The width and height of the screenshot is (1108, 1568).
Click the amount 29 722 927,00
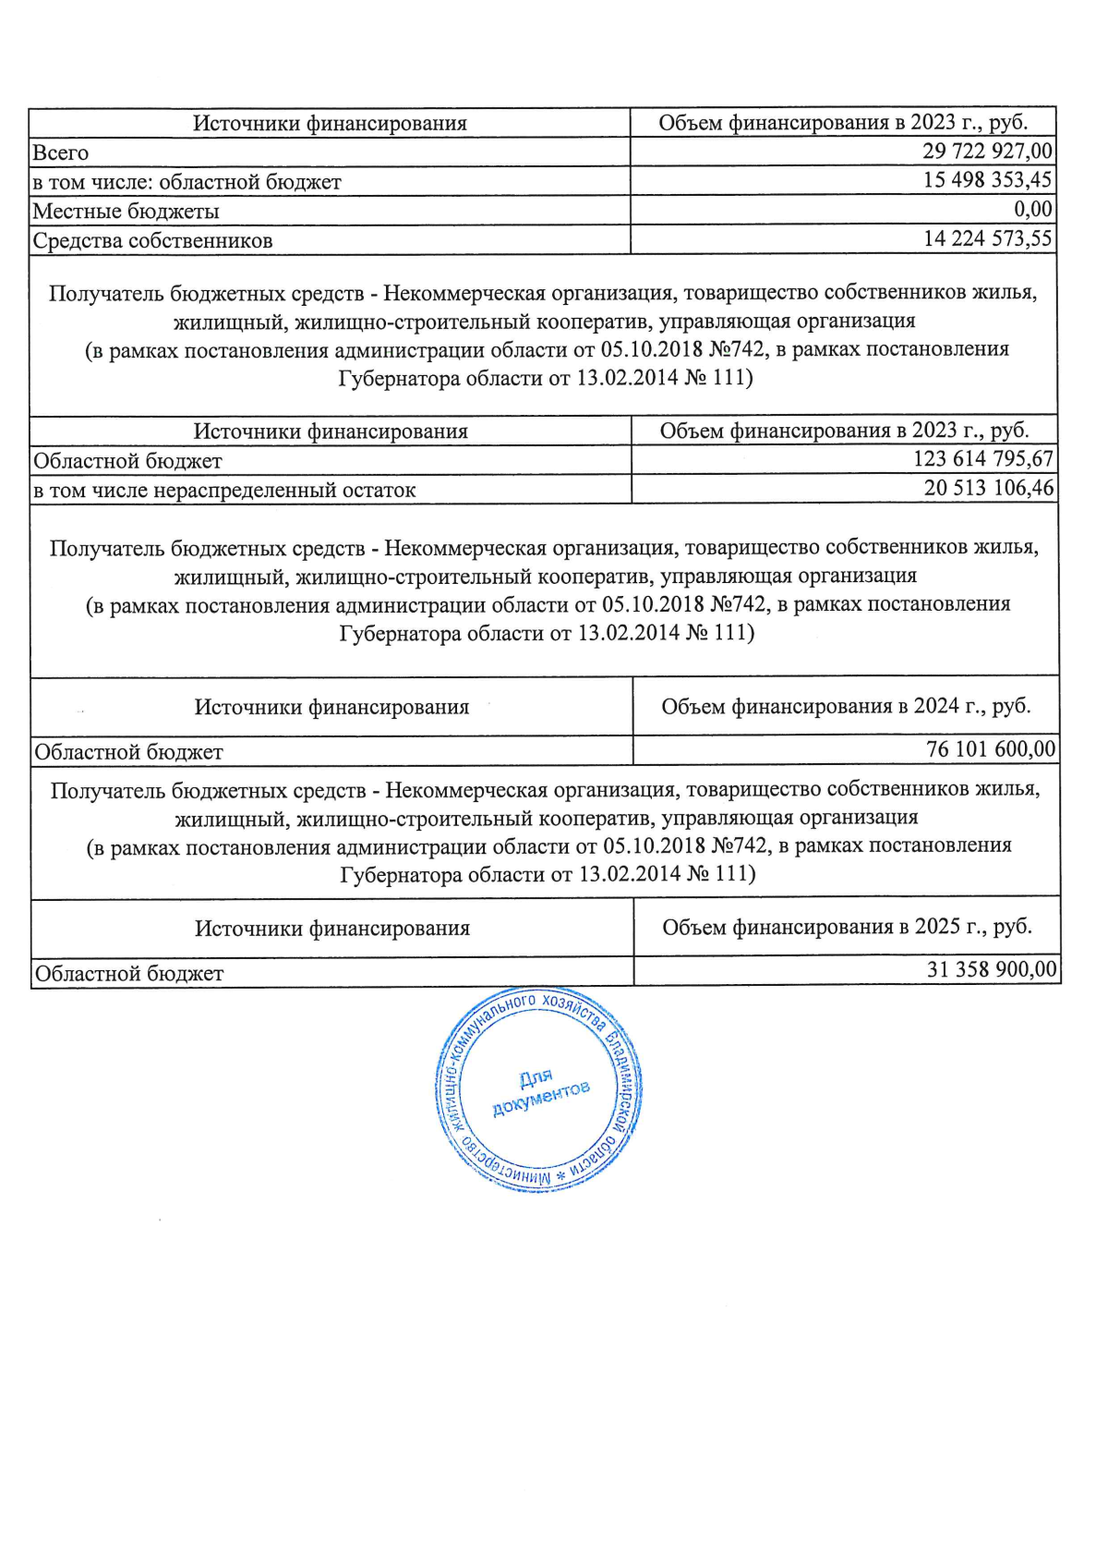986,151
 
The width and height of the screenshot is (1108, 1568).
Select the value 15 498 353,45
986,180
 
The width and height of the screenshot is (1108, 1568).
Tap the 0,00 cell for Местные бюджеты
1032,210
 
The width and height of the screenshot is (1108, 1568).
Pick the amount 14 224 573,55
987,239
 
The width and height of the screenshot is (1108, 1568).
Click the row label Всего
61,152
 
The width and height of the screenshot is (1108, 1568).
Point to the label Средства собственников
152,241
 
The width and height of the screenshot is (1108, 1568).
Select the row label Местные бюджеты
126,212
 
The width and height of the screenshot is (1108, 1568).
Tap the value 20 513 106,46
988,488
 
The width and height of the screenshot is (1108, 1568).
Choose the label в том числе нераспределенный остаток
224,491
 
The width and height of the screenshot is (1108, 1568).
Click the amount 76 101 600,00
990,749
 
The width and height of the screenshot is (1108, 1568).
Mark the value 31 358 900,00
991,969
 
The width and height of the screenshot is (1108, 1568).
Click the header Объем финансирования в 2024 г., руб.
846,707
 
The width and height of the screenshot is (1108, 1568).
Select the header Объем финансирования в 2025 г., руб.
847,927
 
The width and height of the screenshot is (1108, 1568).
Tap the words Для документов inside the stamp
538,1090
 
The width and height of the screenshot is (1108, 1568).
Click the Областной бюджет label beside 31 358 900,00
129,974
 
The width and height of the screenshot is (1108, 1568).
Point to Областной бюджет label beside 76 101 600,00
128,753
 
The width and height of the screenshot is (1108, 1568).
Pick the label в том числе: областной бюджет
187,182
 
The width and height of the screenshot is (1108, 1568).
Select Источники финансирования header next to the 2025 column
331,929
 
